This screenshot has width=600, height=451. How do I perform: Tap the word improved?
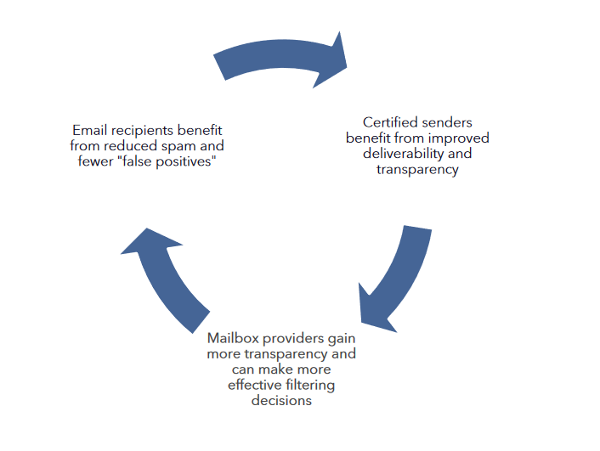click(460, 138)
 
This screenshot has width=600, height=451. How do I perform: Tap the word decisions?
click(280, 401)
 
